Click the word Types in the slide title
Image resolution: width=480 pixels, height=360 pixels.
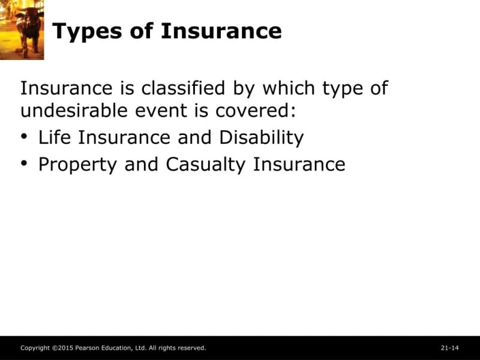87,32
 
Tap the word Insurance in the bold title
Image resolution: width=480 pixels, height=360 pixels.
221,31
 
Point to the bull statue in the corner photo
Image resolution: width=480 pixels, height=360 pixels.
28,31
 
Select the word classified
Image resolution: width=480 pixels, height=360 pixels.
183,88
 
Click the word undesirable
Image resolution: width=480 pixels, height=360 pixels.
74,110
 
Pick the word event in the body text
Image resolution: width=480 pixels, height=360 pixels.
161,111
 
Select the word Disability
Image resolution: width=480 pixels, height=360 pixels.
262,138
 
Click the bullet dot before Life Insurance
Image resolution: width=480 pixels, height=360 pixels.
24,136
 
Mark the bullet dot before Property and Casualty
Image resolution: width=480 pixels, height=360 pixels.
24,163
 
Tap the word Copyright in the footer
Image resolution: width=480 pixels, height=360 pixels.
35,348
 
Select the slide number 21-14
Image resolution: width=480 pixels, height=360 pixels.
449,348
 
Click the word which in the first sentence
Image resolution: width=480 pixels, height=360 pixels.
289,88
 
